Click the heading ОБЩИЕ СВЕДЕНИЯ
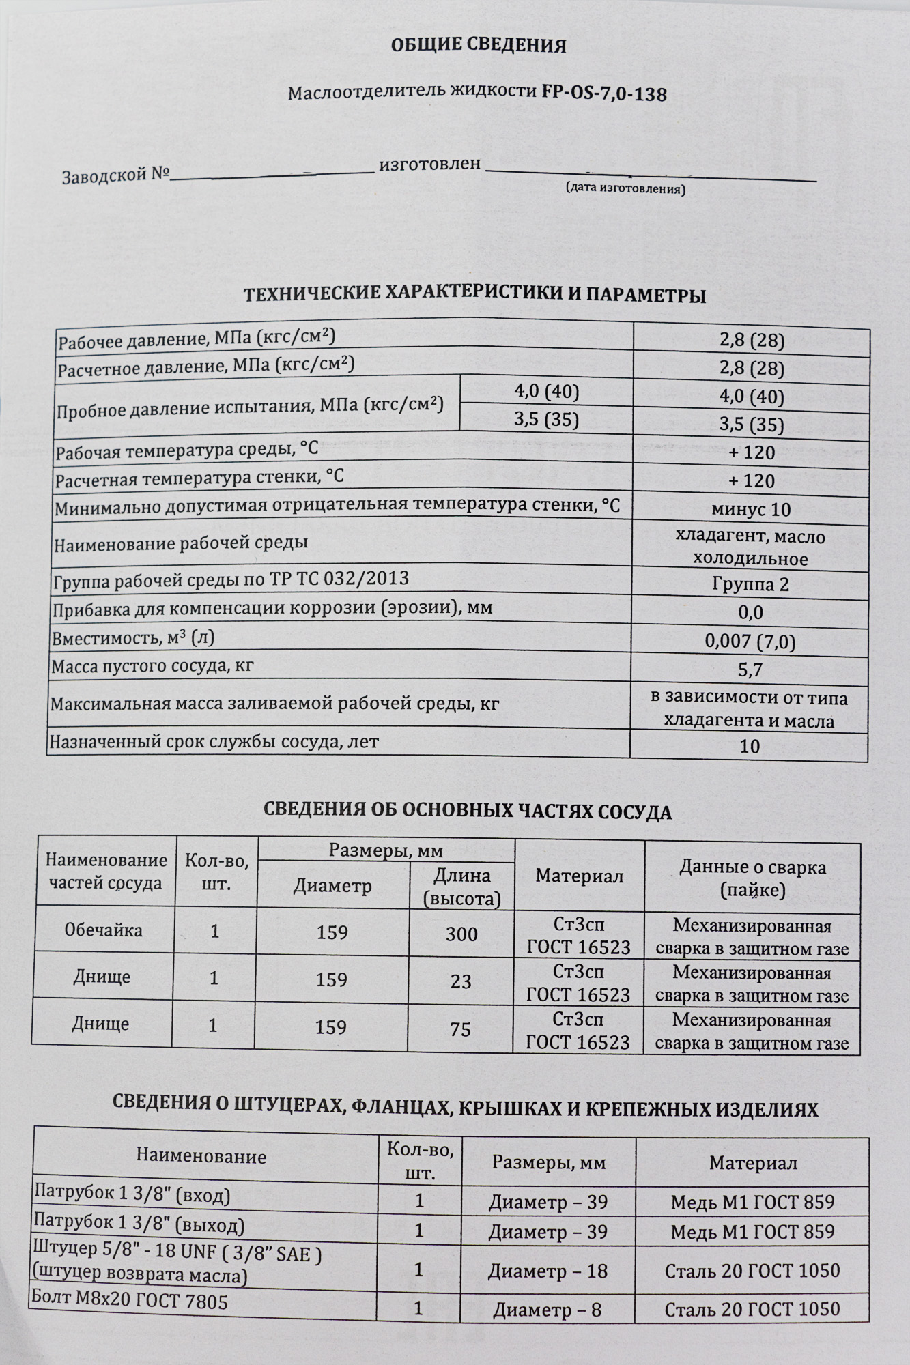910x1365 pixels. (x=479, y=46)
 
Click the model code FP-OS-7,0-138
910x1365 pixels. (x=603, y=94)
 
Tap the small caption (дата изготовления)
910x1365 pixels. (x=625, y=188)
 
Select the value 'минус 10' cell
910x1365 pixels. (x=751, y=509)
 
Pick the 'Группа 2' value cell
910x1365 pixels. (x=750, y=585)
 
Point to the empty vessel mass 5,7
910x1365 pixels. (x=750, y=670)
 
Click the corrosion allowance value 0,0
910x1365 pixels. (x=750, y=613)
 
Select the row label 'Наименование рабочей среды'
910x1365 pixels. (x=181, y=544)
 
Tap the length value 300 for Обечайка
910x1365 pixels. (x=461, y=934)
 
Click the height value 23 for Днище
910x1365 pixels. (x=461, y=981)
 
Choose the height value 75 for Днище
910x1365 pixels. (x=460, y=1029)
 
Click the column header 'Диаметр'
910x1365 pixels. (x=332, y=887)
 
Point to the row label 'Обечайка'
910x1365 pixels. (x=104, y=930)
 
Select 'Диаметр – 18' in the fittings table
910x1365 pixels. (x=548, y=1271)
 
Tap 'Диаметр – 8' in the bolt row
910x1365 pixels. (x=547, y=1310)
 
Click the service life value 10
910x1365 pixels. (x=750, y=746)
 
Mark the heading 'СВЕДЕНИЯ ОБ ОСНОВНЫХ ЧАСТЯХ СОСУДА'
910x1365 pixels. (x=468, y=811)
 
